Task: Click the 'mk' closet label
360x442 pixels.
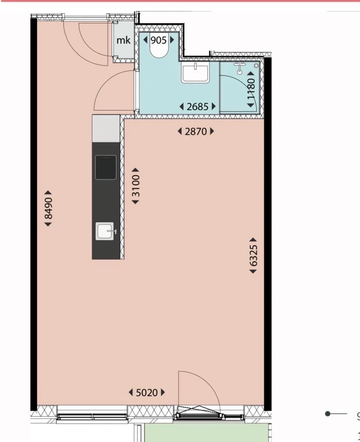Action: point(123,40)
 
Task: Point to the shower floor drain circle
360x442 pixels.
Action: point(256,66)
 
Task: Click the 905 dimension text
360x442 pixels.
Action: point(159,40)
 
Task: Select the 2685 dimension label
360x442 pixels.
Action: point(197,107)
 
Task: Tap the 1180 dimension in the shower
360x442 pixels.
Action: point(251,89)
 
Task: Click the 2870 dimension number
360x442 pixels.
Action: point(196,132)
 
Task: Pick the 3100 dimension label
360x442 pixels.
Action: point(136,186)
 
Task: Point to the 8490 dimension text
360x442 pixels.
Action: point(48,208)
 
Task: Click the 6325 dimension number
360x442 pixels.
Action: point(253,256)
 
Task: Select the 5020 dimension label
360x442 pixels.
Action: point(147,393)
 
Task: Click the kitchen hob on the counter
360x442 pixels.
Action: point(106,167)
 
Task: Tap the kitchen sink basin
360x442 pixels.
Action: point(105,231)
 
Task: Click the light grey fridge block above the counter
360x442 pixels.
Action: point(106,129)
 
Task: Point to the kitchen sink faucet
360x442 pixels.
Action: point(112,231)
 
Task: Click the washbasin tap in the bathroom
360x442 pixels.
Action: point(195,66)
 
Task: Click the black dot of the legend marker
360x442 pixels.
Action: point(327,414)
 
